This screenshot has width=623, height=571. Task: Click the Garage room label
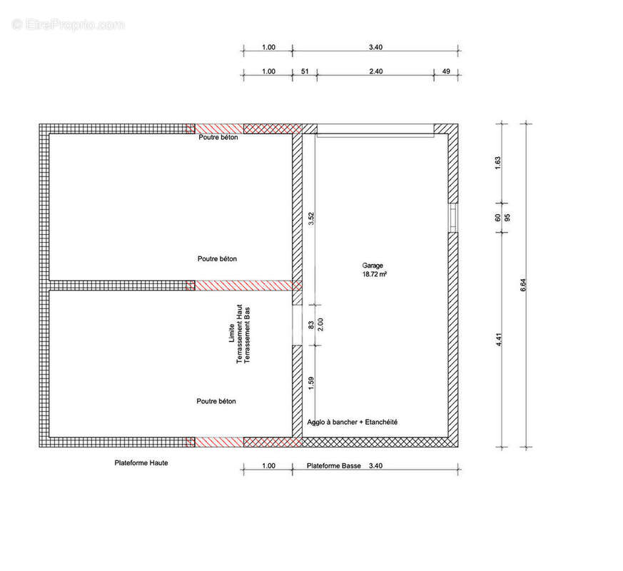tap(373, 266)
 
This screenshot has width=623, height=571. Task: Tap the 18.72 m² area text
tap(374, 274)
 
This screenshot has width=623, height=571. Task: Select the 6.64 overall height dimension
tap(523, 285)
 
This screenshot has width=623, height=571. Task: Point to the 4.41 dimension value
tap(499, 339)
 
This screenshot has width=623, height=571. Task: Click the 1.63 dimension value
tap(497, 163)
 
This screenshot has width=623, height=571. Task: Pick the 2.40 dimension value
tap(376, 71)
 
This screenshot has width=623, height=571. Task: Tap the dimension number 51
tap(305, 71)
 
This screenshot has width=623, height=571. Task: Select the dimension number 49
tap(446, 71)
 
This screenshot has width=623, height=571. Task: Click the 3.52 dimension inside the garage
tap(311, 218)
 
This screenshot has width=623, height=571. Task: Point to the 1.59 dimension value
tap(311, 383)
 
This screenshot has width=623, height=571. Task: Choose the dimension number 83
tap(311, 325)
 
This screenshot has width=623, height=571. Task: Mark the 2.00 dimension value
tap(320, 324)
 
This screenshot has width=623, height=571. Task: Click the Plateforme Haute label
tap(141, 463)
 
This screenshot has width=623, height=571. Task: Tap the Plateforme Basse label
tap(334, 465)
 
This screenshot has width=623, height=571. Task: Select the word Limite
tap(232, 333)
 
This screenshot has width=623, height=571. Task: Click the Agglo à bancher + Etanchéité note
tap(352, 423)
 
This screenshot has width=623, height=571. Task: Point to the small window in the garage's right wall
tap(453, 218)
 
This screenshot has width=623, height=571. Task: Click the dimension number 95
tap(507, 218)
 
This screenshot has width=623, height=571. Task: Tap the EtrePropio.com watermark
tap(68, 25)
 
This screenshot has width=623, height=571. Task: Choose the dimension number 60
tap(497, 218)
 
